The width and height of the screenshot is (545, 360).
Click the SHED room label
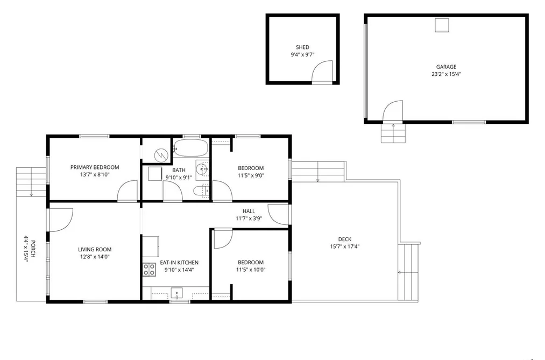coord(302,47)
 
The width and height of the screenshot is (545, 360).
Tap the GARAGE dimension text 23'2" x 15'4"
coord(447,74)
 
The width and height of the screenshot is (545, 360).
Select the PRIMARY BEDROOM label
coord(95,167)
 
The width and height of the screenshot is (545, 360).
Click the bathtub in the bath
coord(191,148)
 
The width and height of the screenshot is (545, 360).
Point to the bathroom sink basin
coord(201,170)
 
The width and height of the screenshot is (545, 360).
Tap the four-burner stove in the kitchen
coord(149,270)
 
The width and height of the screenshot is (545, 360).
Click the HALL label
coord(249,211)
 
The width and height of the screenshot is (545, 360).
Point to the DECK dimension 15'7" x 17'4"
coord(345,246)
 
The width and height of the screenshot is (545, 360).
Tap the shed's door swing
coord(322,72)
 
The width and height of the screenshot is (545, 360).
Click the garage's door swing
coord(393,111)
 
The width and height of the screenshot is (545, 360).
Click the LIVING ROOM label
coord(95,249)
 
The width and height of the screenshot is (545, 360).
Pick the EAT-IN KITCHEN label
coord(179,263)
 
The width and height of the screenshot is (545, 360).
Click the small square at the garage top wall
coord(442,25)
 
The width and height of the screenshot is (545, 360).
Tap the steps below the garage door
coord(393,133)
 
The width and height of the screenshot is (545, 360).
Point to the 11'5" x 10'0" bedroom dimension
coord(251,270)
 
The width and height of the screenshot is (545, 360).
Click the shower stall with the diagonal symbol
coord(157,151)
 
